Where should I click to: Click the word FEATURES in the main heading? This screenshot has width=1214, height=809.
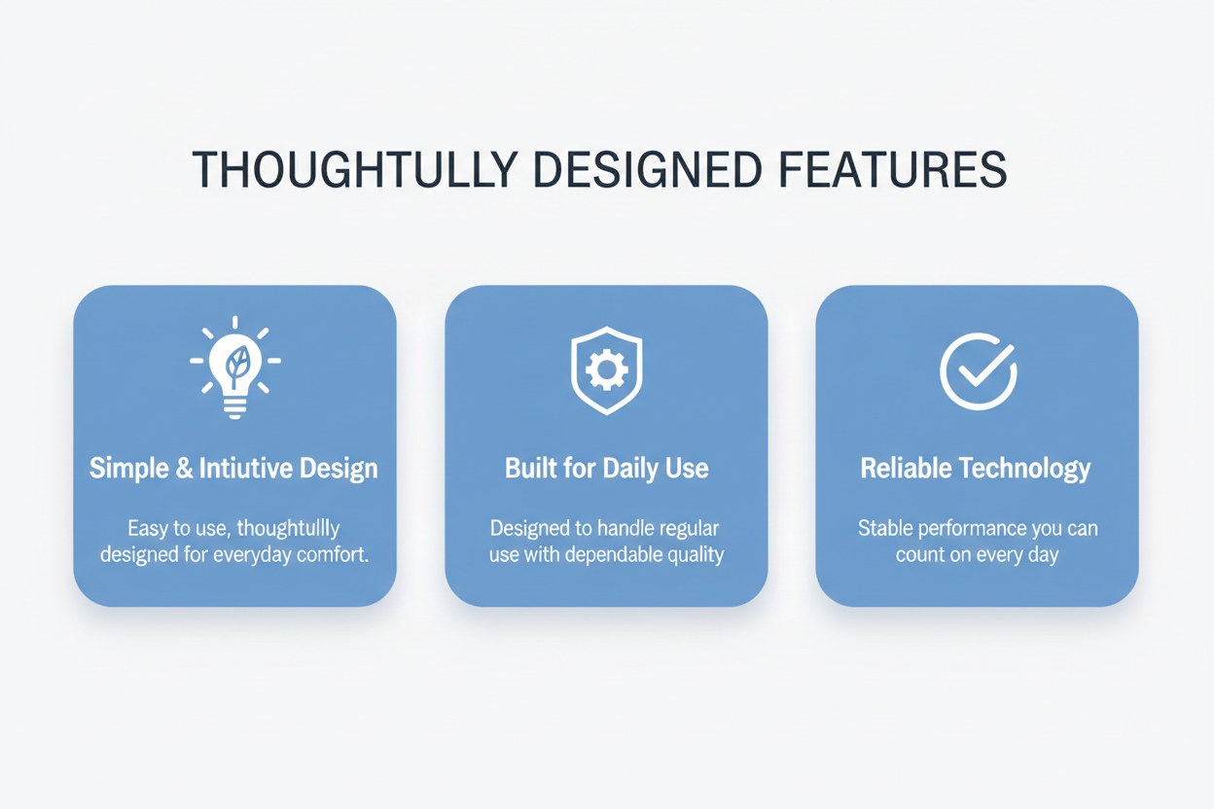tap(893, 169)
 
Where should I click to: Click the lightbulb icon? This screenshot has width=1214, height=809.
tap(235, 368)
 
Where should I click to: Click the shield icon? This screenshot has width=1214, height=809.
tap(606, 370)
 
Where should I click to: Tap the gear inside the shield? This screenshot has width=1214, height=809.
tap(606, 370)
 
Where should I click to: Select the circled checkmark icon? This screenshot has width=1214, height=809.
tap(979, 371)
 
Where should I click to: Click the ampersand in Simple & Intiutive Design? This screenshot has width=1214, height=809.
tap(184, 468)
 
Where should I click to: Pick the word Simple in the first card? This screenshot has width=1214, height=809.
tap(129, 468)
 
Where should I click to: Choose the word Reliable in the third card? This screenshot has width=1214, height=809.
tap(906, 468)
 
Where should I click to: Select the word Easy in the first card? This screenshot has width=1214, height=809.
tap(147, 529)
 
